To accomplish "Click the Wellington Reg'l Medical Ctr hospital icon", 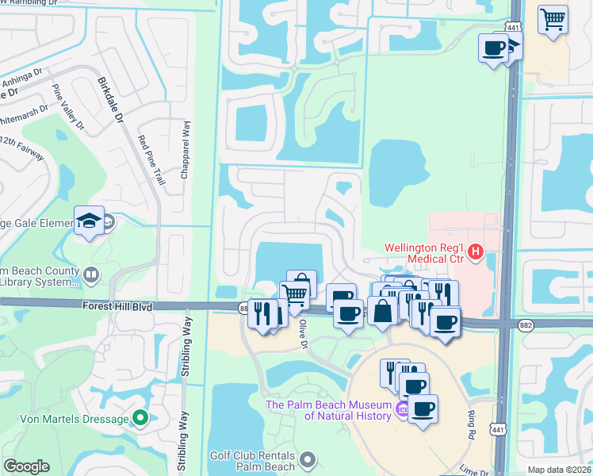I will (475, 253).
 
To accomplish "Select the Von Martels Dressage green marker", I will (141, 416).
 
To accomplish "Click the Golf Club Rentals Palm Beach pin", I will (308, 459).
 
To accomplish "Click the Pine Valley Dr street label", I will (67, 107).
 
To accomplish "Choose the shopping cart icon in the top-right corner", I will (553, 18).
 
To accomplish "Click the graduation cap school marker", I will (89, 221).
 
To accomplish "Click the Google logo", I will (26, 466).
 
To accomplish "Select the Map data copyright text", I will (559, 470).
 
